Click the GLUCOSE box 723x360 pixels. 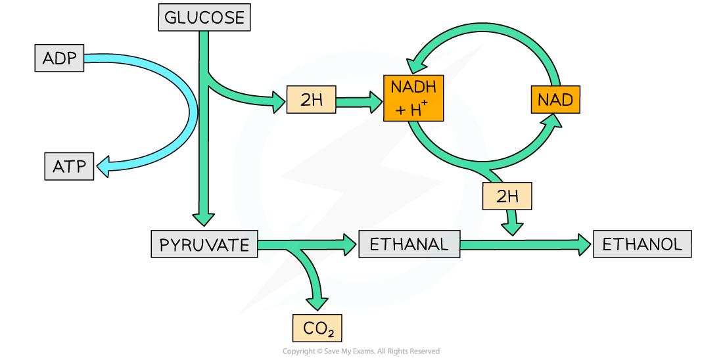[204, 18]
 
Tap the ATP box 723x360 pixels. [70, 166]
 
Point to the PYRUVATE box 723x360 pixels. [204, 245]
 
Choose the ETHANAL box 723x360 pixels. [409, 245]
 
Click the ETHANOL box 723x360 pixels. [642, 245]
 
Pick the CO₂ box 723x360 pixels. [317, 326]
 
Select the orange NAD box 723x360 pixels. [555, 101]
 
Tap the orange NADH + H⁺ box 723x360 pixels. [413, 98]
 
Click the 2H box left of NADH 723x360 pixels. [312, 101]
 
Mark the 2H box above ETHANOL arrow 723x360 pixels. [507, 196]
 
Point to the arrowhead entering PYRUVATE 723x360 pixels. [204, 219]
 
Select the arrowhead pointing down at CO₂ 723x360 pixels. [317, 302]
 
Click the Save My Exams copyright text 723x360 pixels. [361, 352]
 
